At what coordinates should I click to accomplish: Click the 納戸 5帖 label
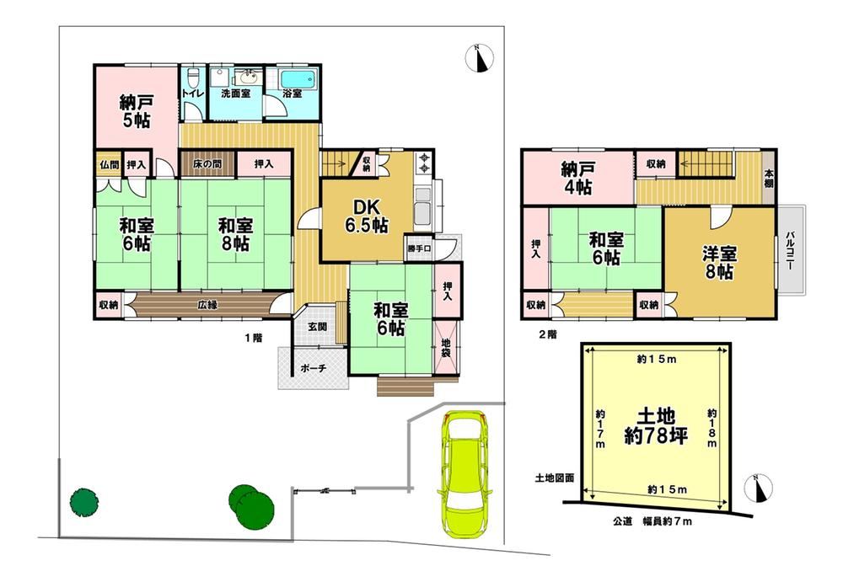135,111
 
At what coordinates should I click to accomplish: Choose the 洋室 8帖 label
719,262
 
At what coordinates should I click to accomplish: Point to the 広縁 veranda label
208,305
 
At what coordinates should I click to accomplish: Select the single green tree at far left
83,502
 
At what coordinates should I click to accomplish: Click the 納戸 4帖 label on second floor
577,177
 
